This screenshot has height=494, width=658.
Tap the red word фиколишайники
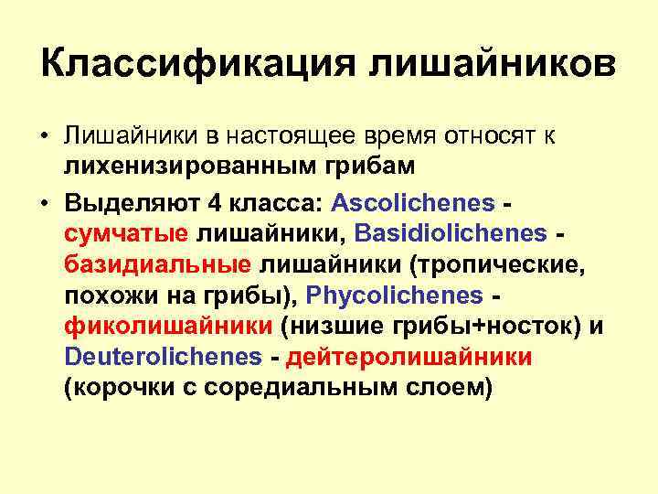point(168,327)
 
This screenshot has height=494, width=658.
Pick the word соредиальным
point(316,388)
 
